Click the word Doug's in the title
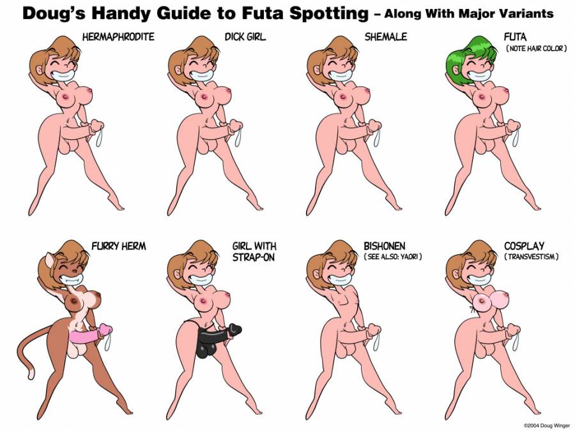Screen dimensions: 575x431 point(54,13)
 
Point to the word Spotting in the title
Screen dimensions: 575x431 point(329,14)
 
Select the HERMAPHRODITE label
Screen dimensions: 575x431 point(118,37)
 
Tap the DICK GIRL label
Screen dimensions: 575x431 point(245,37)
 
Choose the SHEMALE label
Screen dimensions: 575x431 point(385,37)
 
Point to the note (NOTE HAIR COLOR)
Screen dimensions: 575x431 point(536,49)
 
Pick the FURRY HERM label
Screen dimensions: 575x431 point(118,246)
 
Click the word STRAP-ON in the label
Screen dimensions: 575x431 point(253,257)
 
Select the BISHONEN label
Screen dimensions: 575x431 point(385,246)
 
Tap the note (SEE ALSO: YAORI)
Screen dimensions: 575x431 point(392,257)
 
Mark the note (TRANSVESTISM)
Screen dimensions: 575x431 point(532,257)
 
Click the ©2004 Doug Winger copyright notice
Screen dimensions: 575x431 point(547,425)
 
